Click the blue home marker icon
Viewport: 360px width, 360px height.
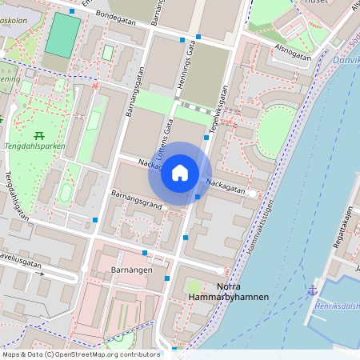pyautogui.click(x=180, y=173)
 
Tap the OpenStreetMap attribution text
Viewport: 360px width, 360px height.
pyautogui.click(x=81, y=354)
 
